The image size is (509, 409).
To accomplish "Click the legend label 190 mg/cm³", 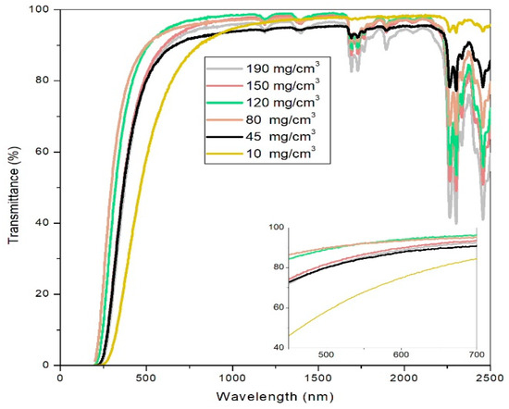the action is [283, 68].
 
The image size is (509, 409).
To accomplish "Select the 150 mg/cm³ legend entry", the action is [283, 85].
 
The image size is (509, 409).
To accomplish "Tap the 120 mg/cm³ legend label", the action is [283, 102].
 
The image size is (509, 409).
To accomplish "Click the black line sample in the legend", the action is [225, 137].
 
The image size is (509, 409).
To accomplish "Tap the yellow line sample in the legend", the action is [225, 154].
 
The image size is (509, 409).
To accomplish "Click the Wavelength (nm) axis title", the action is [275, 396].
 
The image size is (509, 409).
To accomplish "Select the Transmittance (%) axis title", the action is [14, 195].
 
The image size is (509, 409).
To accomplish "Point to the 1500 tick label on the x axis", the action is [318, 378].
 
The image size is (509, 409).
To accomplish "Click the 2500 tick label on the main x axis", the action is [490, 378].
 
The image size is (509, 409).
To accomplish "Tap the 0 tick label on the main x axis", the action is [60, 378].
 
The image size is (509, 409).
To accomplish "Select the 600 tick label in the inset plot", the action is [401, 354].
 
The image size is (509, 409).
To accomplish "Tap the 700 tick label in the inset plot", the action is [477, 354].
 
